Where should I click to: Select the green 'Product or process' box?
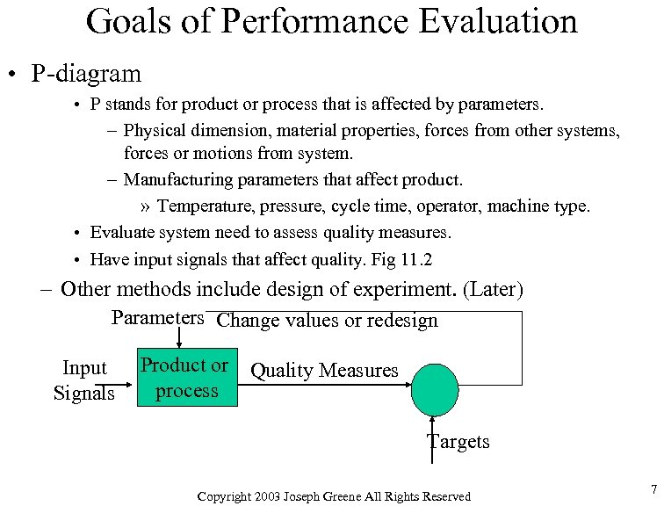pyautogui.click(x=186, y=379)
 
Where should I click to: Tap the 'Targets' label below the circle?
pyautogui.click(x=458, y=441)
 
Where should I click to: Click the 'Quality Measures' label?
pyautogui.click(x=324, y=371)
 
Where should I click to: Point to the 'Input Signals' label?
pyautogui.click(x=84, y=380)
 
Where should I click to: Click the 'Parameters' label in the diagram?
pyautogui.click(x=158, y=317)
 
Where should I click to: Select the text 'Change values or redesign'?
pyautogui.click(x=327, y=321)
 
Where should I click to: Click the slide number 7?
pyautogui.click(x=652, y=488)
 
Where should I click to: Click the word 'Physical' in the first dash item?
pyautogui.click(x=155, y=131)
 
